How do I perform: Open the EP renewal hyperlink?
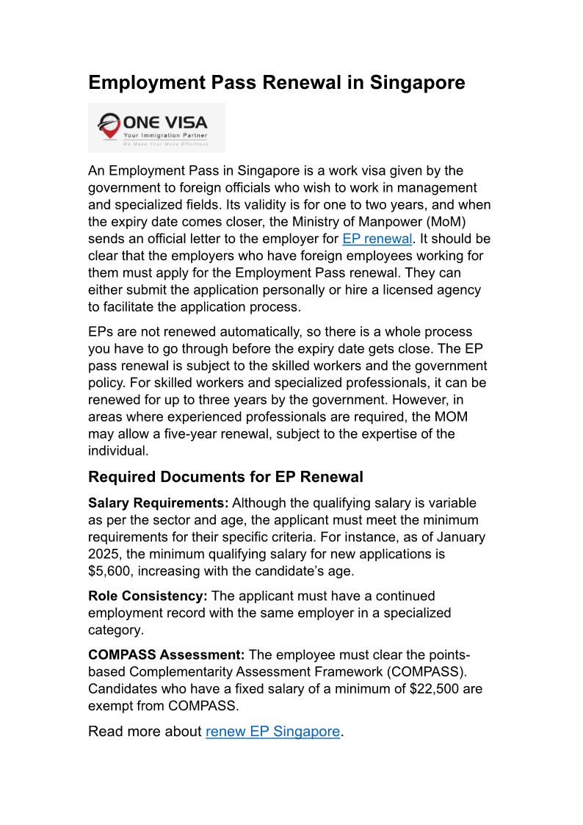tap(377, 239)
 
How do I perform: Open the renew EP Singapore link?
tap(272, 731)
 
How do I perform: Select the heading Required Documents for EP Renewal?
tap(225, 477)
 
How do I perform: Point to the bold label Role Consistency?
tap(148, 596)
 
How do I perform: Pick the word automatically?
tap(269, 332)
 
